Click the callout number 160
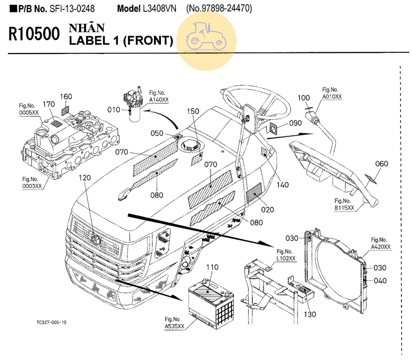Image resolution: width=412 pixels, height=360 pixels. [x=66, y=96]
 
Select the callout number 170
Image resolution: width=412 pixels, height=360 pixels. [x=49, y=104]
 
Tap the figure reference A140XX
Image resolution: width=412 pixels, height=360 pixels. [x=159, y=100]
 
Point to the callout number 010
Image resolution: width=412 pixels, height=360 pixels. [x=114, y=110]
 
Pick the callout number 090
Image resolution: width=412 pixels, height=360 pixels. [x=295, y=123]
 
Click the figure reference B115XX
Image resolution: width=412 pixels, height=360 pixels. [x=344, y=208]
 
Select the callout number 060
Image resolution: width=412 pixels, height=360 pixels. [x=381, y=164]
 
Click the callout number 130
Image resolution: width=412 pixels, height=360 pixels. [x=310, y=314]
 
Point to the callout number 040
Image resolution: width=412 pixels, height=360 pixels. [x=380, y=281]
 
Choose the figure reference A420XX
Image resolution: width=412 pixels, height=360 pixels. [x=381, y=247]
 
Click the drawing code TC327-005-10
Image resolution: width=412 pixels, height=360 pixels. [x=51, y=322]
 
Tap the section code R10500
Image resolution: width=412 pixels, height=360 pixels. [x=34, y=34]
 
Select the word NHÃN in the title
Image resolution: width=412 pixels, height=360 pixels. [x=87, y=28]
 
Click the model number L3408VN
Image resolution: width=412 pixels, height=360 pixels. [x=160, y=9]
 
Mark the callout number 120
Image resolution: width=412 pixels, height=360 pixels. [x=85, y=178]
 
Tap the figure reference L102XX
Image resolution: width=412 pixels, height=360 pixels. [x=286, y=258]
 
